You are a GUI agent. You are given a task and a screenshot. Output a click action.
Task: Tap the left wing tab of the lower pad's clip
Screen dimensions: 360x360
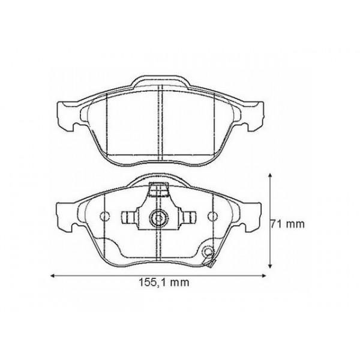pos(128,217)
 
